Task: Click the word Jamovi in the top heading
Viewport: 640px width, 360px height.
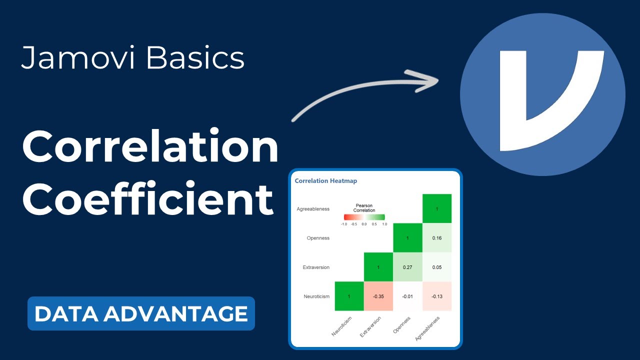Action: coord(77,57)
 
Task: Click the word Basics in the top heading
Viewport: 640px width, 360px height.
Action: coord(195,57)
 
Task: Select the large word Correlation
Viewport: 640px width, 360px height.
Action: coord(150,146)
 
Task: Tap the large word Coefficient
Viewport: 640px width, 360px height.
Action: coord(148,199)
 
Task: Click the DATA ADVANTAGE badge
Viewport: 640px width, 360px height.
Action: coord(141,313)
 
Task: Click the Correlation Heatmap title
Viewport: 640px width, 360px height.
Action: coord(325,181)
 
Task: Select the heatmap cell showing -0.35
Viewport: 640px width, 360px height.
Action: coord(378,296)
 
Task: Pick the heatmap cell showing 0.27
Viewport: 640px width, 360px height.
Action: coord(407,267)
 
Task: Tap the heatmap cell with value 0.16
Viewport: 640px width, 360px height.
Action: coord(437,237)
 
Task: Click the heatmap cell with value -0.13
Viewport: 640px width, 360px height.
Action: coord(437,296)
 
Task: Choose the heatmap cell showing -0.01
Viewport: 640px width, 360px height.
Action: coord(407,296)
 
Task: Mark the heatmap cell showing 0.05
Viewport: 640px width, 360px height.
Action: coord(437,267)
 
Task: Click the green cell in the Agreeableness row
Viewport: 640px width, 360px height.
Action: coord(437,208)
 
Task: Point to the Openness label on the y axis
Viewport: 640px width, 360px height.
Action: coord(318,238)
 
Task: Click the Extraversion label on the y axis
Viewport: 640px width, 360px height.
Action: coord(316,267)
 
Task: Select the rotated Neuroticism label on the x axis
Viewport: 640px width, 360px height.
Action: coord(341,326)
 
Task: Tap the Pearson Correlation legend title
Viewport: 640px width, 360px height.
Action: coord(364,207)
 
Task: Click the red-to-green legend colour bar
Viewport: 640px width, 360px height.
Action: coord(364,217)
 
